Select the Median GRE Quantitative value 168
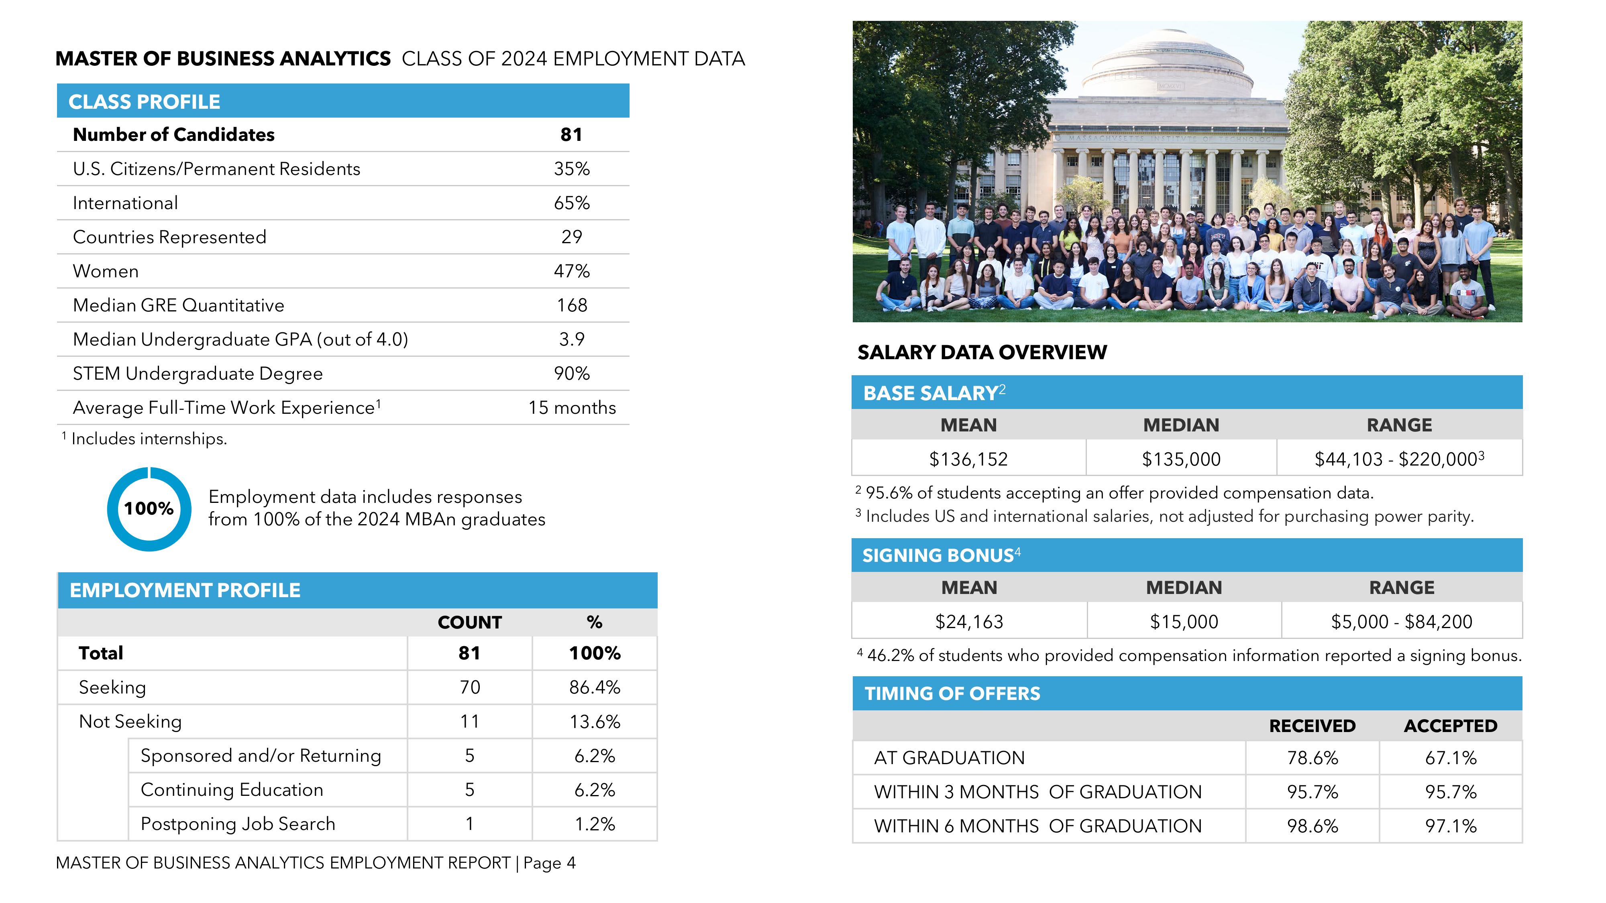572,305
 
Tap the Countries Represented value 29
572,237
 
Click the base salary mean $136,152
968,459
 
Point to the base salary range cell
1399,459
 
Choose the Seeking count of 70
469,687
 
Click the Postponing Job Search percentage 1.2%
594,824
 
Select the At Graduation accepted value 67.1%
1450,758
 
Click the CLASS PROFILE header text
144,102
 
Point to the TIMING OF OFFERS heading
952,694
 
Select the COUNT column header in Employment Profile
469,622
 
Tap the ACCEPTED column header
1450,726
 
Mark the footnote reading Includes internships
149,439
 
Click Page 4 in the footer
549,863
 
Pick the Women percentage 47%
572,271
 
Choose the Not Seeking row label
130,722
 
